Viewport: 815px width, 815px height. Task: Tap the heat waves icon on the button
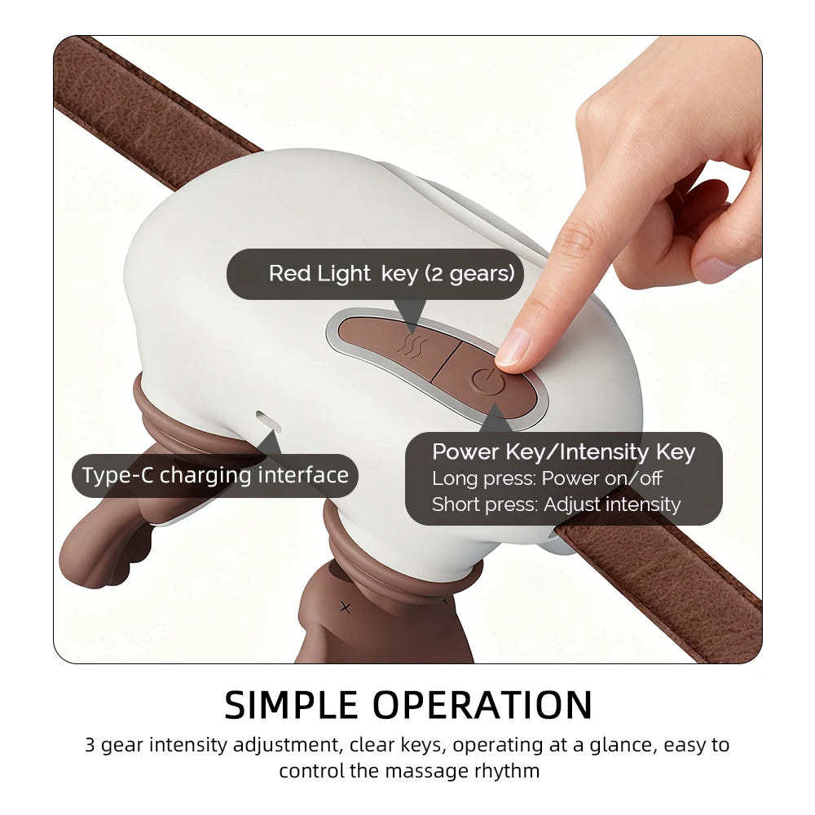pos(413,345)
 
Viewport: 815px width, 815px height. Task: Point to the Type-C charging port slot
pos(268,421)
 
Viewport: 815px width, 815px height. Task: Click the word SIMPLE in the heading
pos(291,705)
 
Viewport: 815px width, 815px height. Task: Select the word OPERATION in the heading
pos(482,705)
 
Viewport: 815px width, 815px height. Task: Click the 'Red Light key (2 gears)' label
pos(391,273)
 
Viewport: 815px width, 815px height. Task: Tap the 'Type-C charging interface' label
pos(215,476)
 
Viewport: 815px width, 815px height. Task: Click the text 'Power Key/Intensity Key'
pos(563,452)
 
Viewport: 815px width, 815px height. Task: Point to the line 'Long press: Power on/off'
pos(547,478)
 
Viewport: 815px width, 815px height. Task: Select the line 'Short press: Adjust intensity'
pos(556,504)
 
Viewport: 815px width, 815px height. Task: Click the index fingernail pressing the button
pos(512,347)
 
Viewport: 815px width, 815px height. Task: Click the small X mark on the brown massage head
pos(345,607)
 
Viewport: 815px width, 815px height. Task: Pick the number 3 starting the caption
pos(90,745)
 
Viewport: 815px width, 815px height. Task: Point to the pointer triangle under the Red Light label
pos(411,314)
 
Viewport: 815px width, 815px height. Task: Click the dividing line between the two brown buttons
pos(447,362)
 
